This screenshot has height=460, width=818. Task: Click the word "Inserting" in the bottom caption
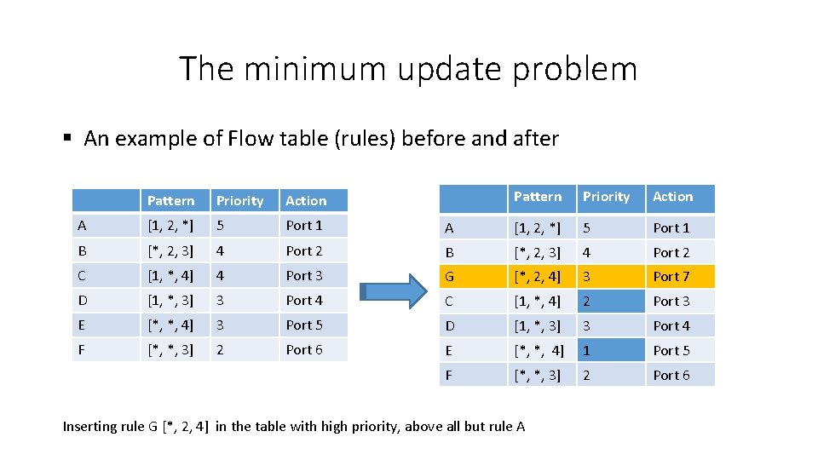click(x=90, y=426)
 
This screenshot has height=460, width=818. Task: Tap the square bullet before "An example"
click(x=67, y=139)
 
